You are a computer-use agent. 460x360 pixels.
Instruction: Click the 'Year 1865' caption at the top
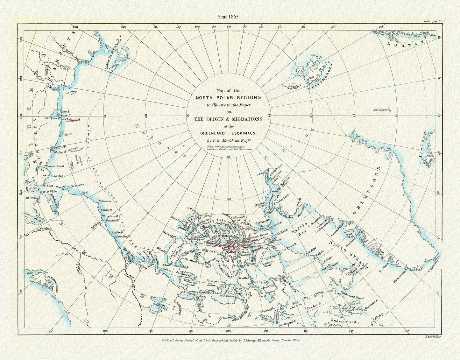point(228,16)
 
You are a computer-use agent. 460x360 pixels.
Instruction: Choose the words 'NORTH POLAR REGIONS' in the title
point(228,97)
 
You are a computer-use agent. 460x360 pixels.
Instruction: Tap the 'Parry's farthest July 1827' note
point(289,87)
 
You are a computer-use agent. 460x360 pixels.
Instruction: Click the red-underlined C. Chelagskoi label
point(71,120)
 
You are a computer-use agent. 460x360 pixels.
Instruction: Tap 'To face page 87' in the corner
point(433,21)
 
